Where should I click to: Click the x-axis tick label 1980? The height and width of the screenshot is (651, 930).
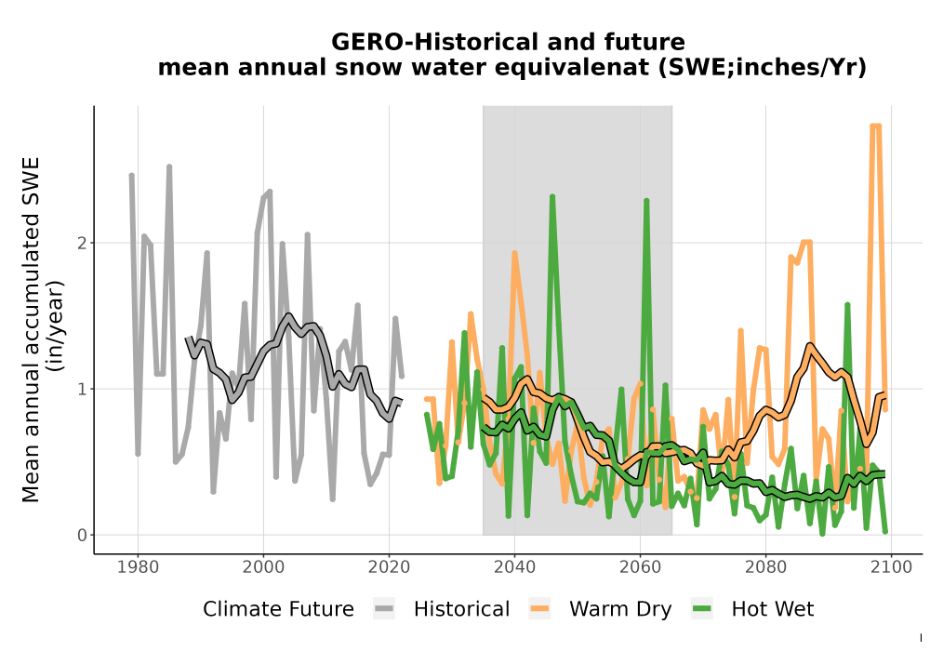[139, 567]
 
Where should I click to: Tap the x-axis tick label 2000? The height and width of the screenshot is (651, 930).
[264, 567]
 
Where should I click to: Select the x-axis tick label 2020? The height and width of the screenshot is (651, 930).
[389, 567]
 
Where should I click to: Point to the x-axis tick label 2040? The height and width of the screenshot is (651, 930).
[515, 567]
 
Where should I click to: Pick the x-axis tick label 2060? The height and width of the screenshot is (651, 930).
[640, 567]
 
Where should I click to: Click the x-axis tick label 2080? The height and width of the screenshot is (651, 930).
[765, 567]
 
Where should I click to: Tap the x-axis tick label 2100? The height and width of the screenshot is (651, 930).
[892, 567]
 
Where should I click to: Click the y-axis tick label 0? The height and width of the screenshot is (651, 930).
[83, 536]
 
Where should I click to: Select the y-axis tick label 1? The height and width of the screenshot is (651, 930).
[83, 389]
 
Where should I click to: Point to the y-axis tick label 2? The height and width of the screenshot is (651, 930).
[83, 243]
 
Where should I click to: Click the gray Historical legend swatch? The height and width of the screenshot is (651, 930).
[384, 609]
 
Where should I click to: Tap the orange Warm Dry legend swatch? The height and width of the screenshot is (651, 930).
[539, 609]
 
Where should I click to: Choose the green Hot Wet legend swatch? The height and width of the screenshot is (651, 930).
[701, 609]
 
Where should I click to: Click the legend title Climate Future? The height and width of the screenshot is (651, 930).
[278, 609]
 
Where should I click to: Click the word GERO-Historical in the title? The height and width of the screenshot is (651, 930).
[436, 42]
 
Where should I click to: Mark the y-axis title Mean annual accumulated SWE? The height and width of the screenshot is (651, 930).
[31, 329]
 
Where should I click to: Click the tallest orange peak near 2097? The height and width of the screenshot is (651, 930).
[875, 126]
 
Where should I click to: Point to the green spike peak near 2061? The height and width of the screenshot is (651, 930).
[646, 200]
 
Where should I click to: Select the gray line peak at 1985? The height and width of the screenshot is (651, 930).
[169, 166]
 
